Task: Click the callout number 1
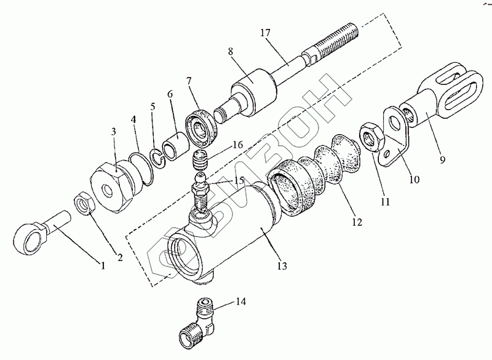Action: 103,266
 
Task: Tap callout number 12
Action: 357,220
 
